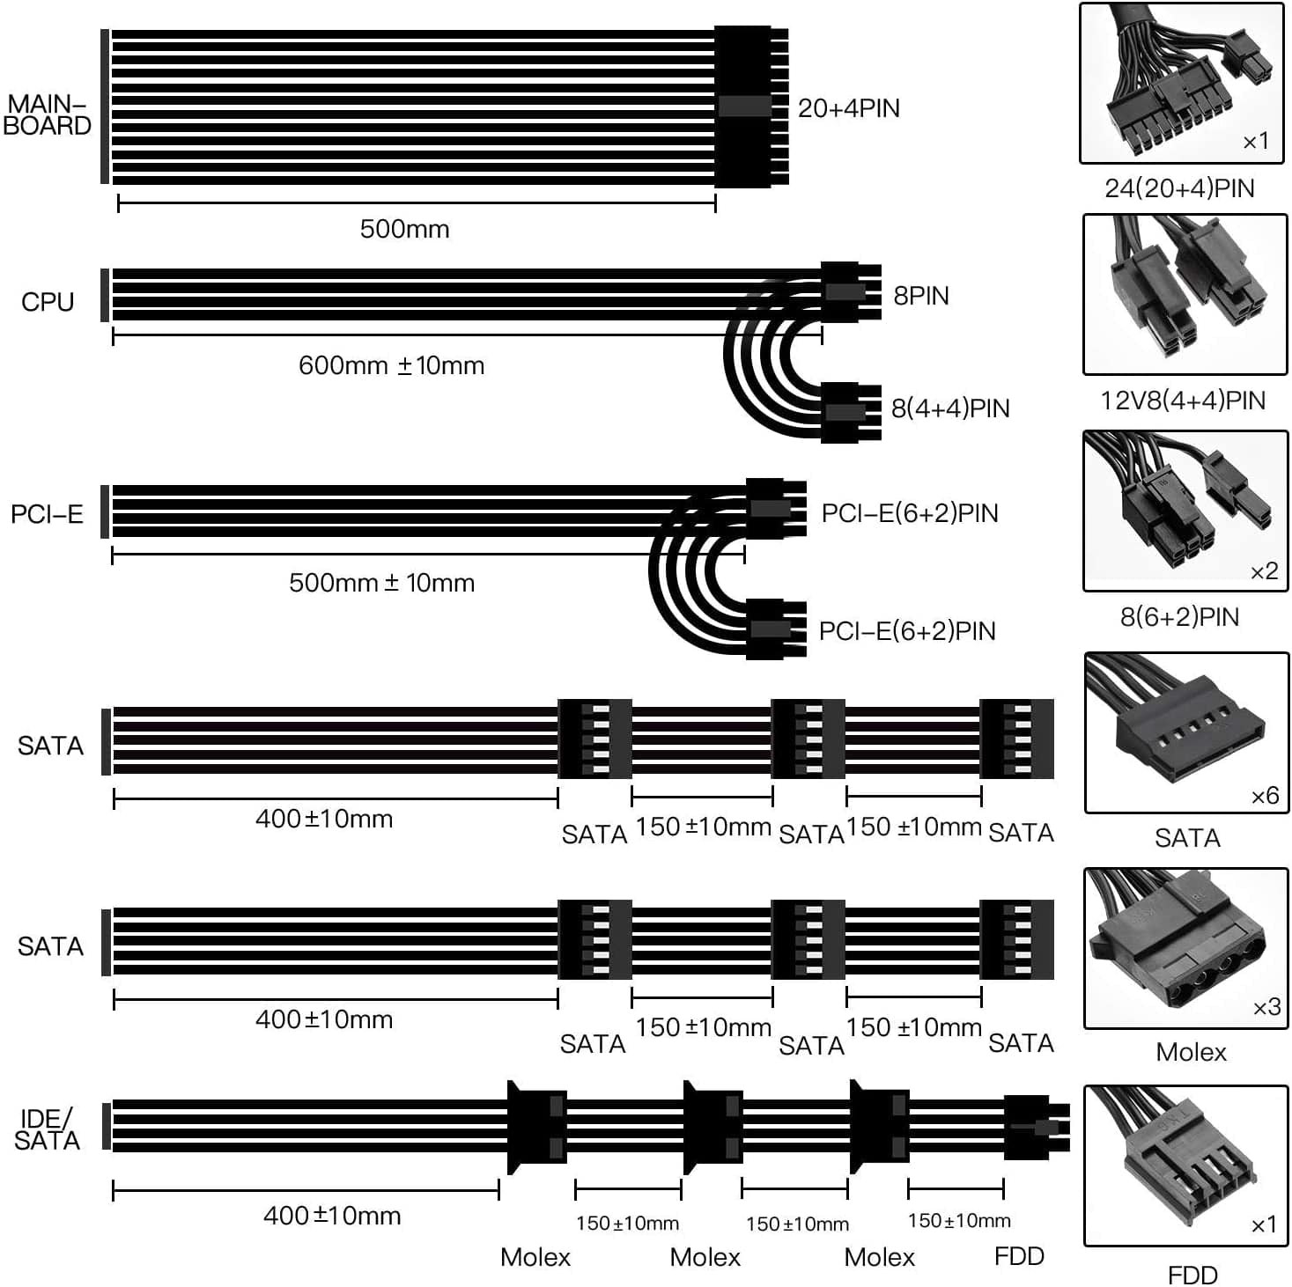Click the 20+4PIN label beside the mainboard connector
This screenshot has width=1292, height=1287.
point(848,108)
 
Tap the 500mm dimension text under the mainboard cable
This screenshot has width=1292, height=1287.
point(404,229)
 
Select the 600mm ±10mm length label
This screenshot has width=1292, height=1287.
point(391,365)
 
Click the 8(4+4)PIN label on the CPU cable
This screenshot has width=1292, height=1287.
point(950,408)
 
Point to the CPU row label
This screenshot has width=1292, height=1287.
point(48,302)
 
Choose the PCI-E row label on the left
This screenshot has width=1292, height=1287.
point(47,514)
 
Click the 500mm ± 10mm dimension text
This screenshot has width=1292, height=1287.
point(381,583)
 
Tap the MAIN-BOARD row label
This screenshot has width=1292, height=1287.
point(48,115)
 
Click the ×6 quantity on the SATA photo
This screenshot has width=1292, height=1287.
point(1265,796)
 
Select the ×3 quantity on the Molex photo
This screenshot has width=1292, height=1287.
point(1266,1007)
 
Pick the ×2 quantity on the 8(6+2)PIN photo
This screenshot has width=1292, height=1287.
point(1264,572)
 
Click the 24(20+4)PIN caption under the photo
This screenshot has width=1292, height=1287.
point(1179,188)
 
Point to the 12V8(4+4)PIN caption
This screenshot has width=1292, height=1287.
point(1182,401)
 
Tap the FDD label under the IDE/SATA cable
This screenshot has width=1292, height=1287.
point(1019,1256)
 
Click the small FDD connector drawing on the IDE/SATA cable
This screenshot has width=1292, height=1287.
point(1037,1128)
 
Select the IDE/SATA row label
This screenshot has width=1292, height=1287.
point(48,1129)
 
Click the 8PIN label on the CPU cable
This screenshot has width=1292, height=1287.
point(921,296)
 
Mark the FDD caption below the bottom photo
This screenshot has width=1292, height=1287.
point(1192,1275)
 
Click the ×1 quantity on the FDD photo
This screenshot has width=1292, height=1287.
point(1263,1224)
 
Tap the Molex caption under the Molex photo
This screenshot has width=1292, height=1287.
point(1191,1052)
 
